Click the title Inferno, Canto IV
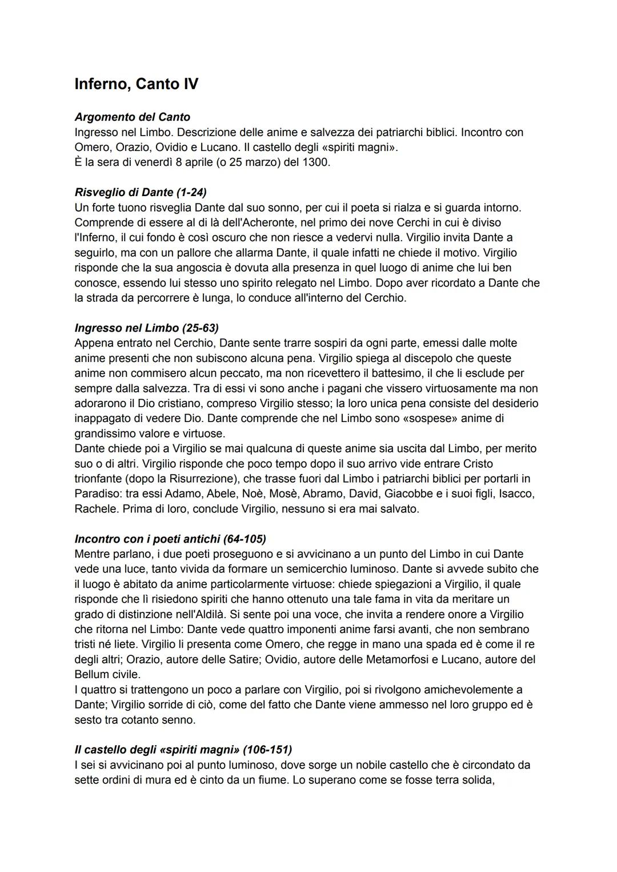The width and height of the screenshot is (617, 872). pos(137,84)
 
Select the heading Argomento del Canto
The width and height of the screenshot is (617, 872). pos(133,117)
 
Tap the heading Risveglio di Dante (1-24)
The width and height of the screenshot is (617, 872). pos(141,192)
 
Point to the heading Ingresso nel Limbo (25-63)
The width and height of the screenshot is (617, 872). pos(147,328)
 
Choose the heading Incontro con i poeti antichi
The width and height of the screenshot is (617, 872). pos(170,539)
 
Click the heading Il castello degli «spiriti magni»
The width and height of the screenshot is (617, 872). pos(183,750)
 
